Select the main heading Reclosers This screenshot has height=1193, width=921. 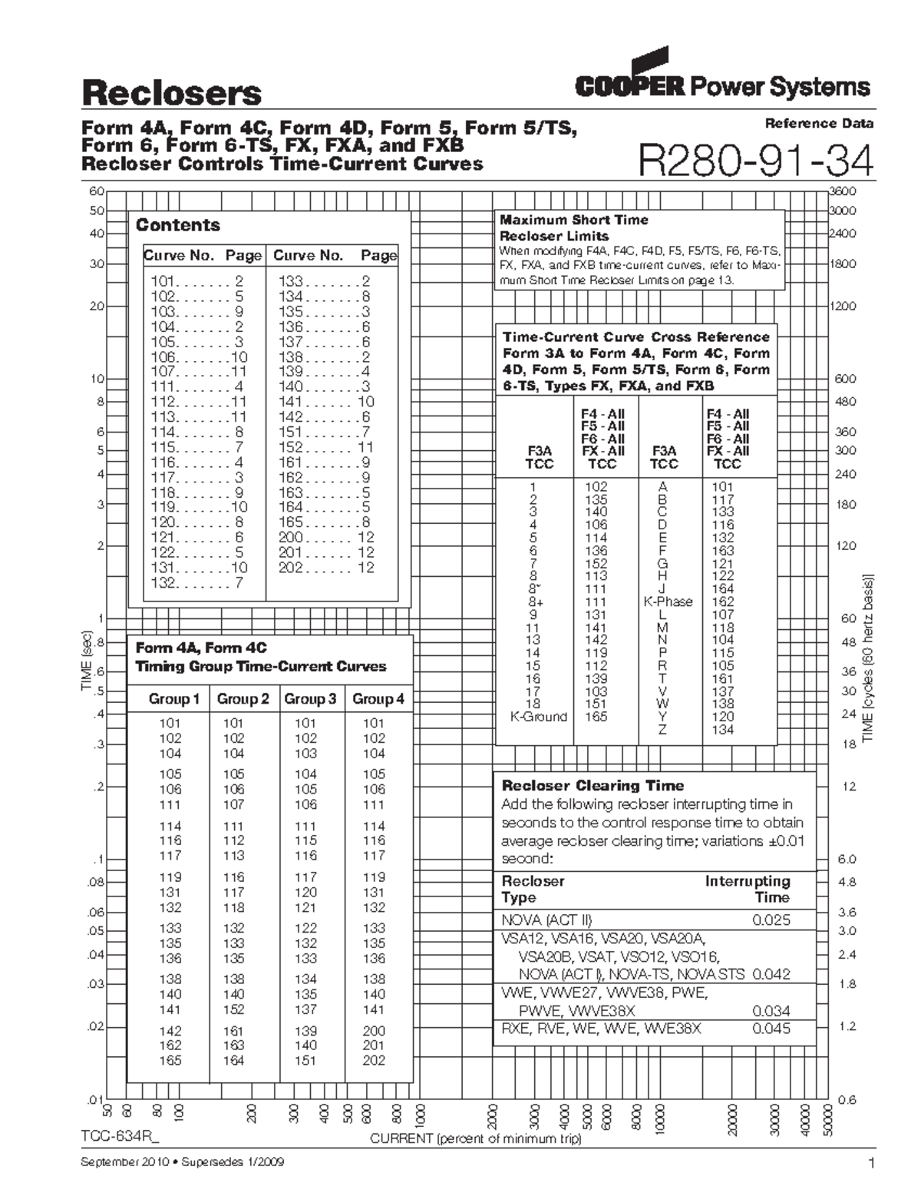(x=171, y=93)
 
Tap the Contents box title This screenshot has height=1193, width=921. (x=177, y=225)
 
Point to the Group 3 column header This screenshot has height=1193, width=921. (x=310, y=699)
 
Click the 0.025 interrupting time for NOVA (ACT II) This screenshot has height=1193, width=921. (x=771, y=920)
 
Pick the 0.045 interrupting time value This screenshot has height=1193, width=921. (x=771, y=1029)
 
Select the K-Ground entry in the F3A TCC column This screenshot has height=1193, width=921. (x=539, y=717)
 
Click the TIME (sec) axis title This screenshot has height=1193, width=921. (x=87, y=661)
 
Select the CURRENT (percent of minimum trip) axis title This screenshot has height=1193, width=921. (x=476, y=1138)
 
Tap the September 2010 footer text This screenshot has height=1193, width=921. (x=182, y=1162)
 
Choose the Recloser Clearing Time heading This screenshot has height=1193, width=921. (x=592, y=785)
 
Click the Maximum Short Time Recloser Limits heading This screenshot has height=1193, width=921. (x=573, y=228)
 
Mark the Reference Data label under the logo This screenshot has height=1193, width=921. (x=818, y=123)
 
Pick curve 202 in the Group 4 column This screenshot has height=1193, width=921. (x=374, y=1060)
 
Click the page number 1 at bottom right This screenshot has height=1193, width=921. (x=870, y=1163)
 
